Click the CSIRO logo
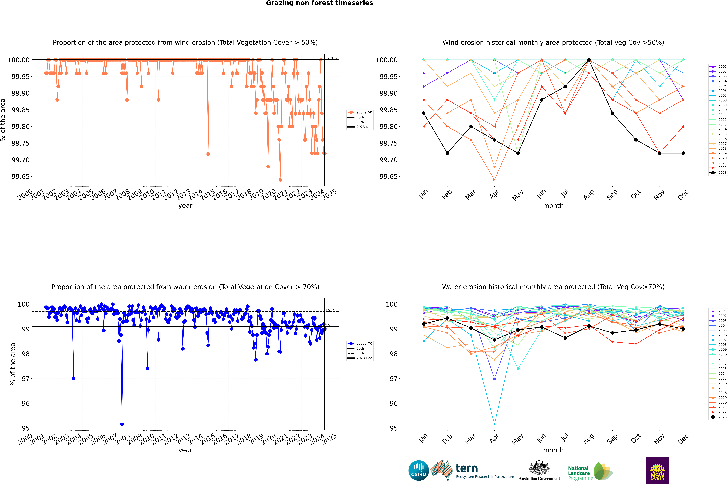(x=418, y=470)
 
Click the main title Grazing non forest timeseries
(x=319, y=3)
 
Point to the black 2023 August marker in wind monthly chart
(x=589, y=60)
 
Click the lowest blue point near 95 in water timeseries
(x=122, y=424)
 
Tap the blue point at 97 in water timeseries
(x=73, y=378)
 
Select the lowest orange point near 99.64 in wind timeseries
(x=280, y=180)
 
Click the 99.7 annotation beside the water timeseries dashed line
(x=330, y=310)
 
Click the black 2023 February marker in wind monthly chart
(x=447, y=153)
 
